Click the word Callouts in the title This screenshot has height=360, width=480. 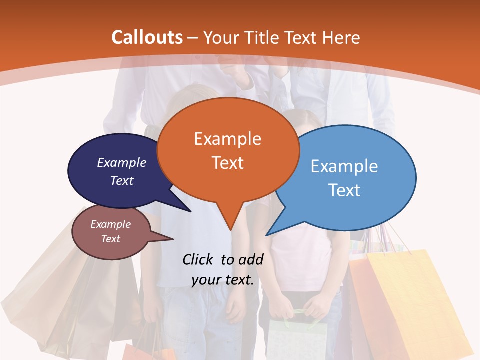(x=147, y=37)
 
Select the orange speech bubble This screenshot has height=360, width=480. (x=228, y=150)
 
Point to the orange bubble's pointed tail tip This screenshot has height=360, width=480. (x=230, y=228)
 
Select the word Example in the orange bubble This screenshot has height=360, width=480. (x=227, y=139)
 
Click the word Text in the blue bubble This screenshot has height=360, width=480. (x=345, y=190)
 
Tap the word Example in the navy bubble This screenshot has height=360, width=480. (x=122, y=163)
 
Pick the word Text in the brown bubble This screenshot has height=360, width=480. (x=111, y=239)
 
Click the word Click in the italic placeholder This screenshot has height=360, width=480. (x=199, y=259)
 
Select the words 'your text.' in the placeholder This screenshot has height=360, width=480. (x=223, y=280)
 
